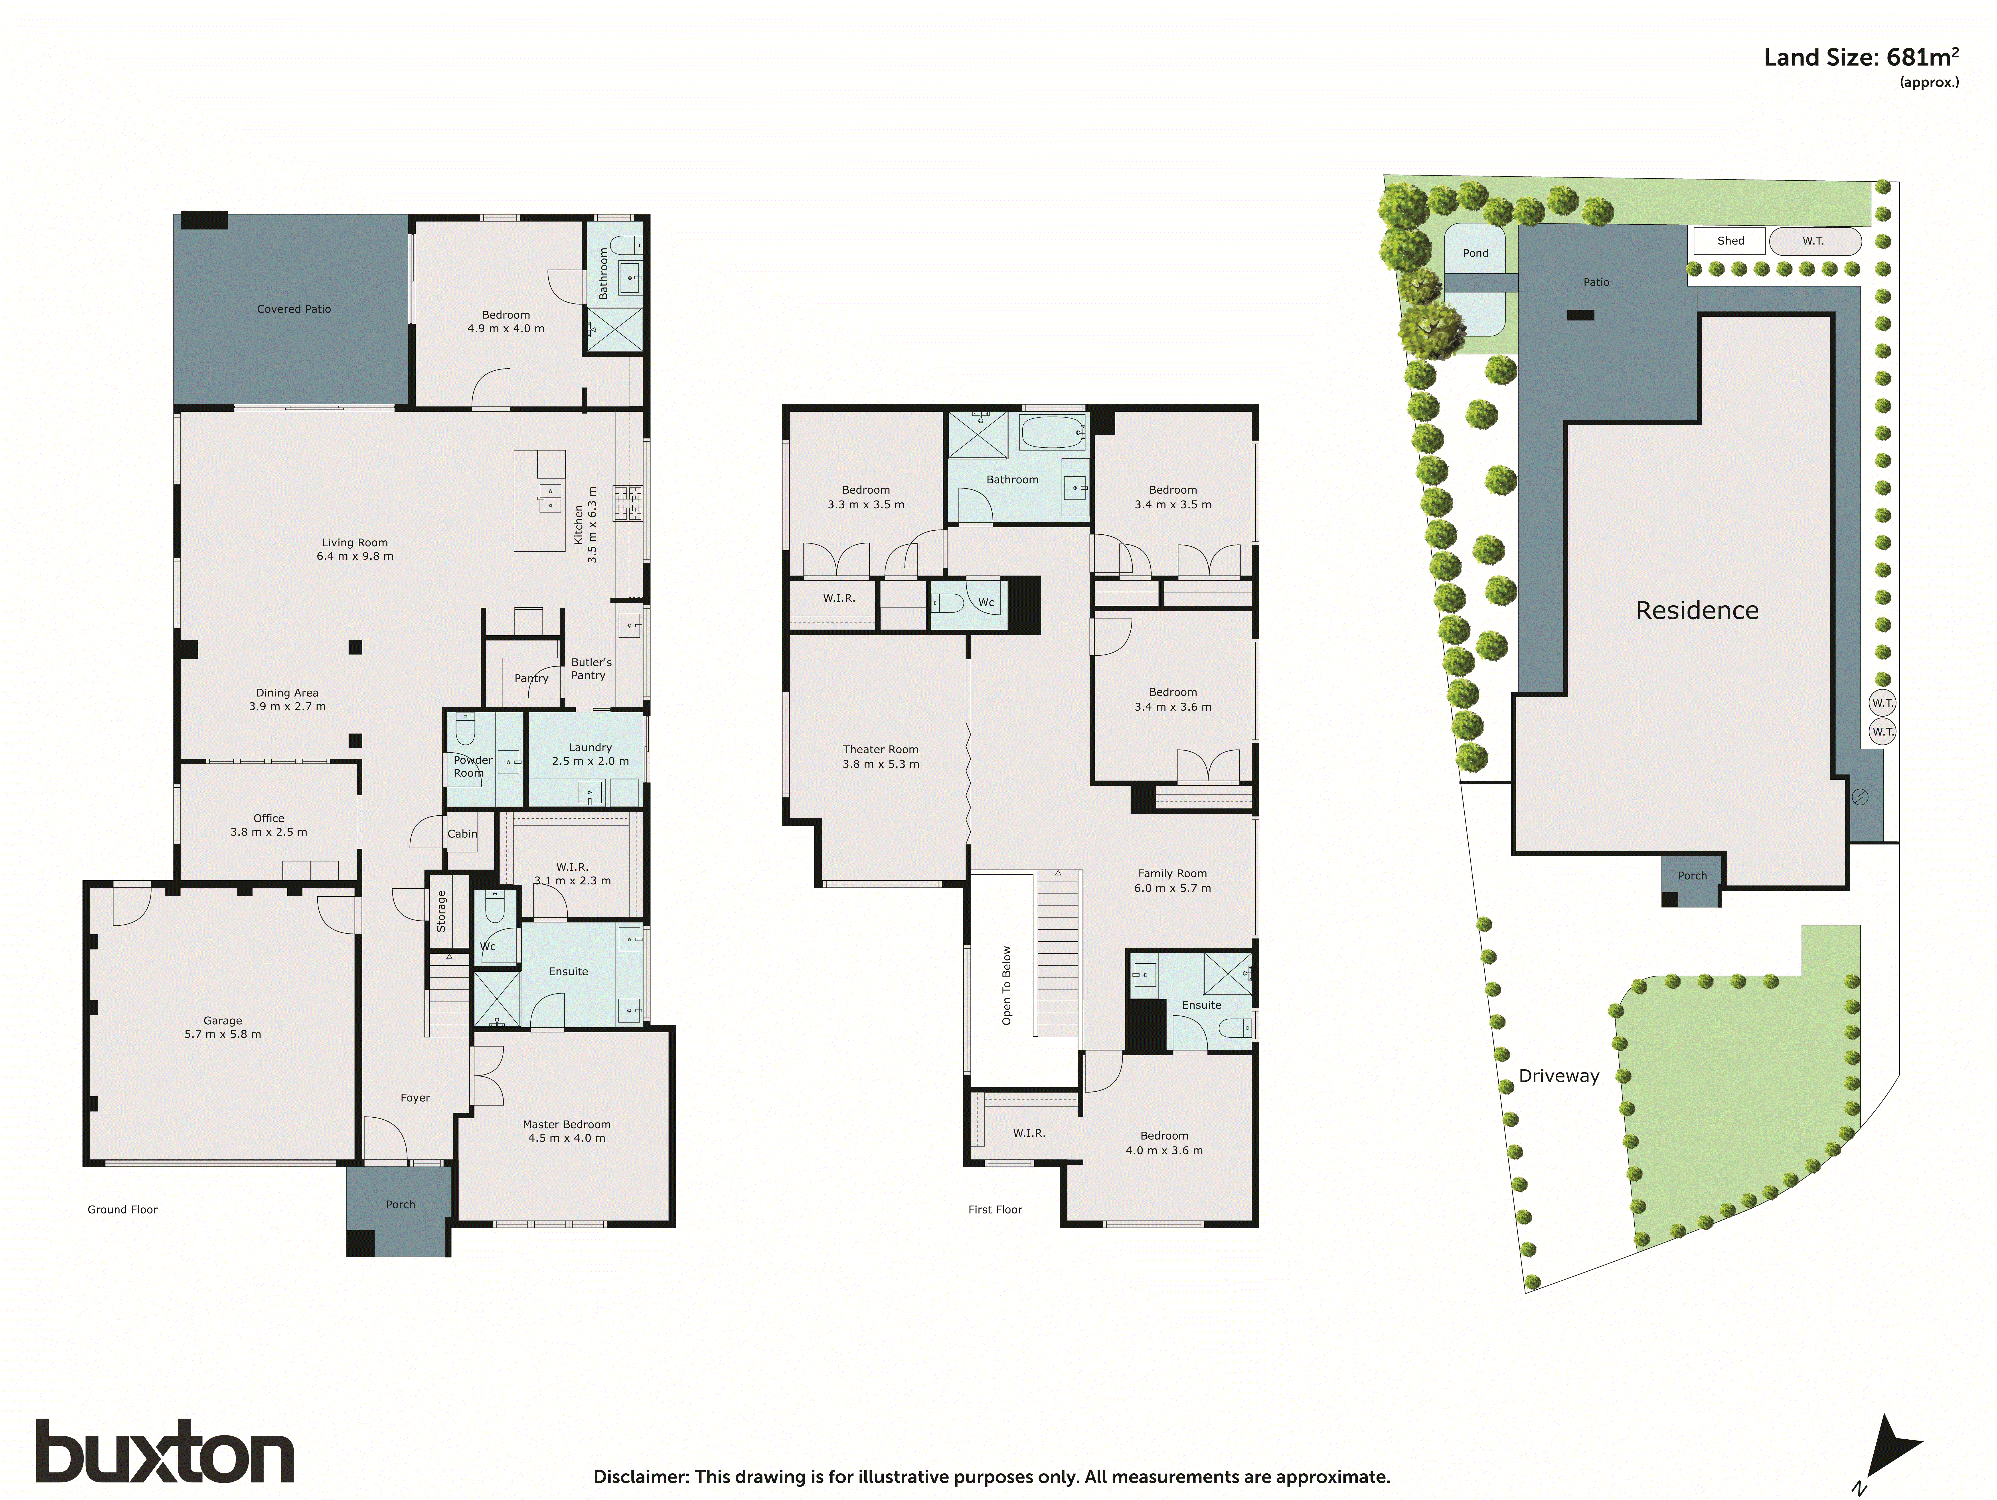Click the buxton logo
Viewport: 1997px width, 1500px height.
click(165, 1451)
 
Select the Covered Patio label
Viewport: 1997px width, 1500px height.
click(293, 309)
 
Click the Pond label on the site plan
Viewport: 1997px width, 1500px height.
click(1475, 253)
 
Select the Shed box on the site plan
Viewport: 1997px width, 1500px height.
click(1730, 241)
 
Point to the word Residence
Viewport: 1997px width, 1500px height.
click(1696, 611)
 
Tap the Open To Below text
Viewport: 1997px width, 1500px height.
click(1007, 985)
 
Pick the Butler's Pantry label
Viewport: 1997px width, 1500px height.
click(591, 668)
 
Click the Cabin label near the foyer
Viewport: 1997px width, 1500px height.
click(462, 834)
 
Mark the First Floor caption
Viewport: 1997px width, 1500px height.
click(995, 1209)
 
